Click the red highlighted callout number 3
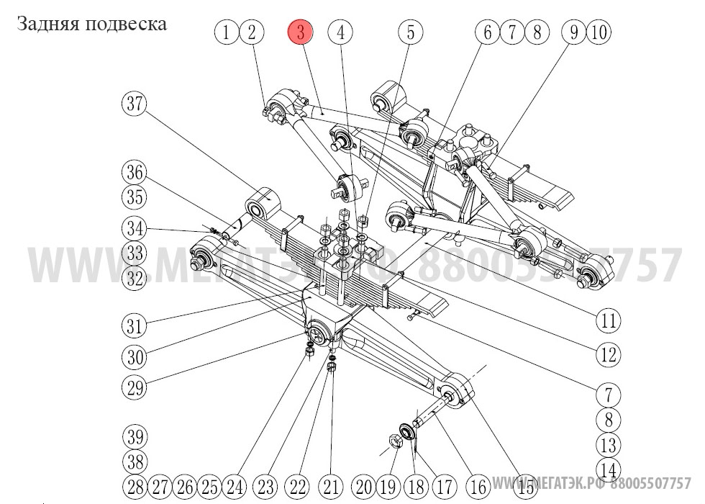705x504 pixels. (x=301, y=32)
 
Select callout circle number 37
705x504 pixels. (x=133, y=104)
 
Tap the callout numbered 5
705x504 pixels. (x=411, y=32)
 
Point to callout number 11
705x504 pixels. (x=609, y=320)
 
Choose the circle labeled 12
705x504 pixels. (x=608, y=354)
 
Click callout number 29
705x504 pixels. (x=134, y=387)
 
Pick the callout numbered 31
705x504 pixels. (x=134, y=325)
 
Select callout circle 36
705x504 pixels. (x=133, y=173)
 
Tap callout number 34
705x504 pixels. (x=133, y=230)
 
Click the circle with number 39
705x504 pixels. (x=134, y=437)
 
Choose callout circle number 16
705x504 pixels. (x=478, y=485)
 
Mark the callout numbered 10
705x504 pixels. (x=599, y=32)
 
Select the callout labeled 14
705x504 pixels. (x=608, y=470)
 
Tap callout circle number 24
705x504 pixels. (x=235, y=485)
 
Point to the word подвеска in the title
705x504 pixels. (x=126, y=24)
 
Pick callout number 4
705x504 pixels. (x=340, y=32)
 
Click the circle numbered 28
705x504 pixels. (x=135, y=485)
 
